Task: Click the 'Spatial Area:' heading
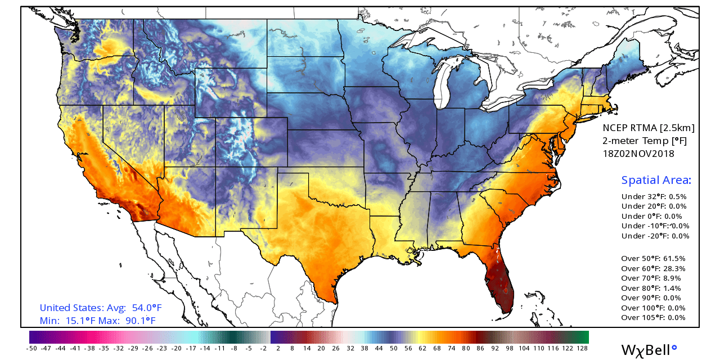click(656, 181)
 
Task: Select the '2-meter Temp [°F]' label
click(645, 140)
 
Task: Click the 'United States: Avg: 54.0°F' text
click(101, 308)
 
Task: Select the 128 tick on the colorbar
click(582, 349)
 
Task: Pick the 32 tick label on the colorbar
click(350, 349)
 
